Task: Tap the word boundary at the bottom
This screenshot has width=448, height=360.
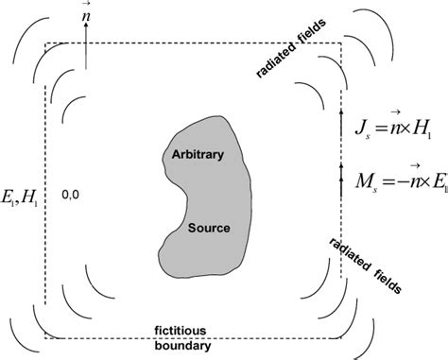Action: pyautogui.click(x=195, y=346)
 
